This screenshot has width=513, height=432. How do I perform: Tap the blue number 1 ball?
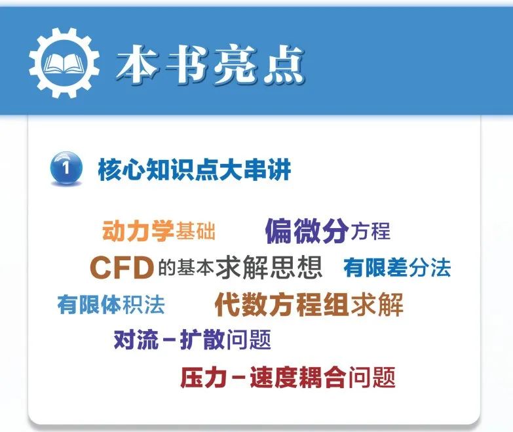[66, 168]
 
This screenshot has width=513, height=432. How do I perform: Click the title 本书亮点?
[211, 65]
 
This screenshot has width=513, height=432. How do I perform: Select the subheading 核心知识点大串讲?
[195, 169]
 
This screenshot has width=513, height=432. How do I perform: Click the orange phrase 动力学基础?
[159, 231]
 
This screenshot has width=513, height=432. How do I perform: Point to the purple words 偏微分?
[307, 231]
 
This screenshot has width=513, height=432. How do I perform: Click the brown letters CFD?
[122, 267]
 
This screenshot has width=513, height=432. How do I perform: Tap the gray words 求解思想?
[269, 267]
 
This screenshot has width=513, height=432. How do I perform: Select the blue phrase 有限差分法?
[397, 267]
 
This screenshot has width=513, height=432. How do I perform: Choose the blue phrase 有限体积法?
[111, 304]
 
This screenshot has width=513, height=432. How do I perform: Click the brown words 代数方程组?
[282, 304]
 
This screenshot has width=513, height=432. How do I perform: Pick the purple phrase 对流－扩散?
[169, 340]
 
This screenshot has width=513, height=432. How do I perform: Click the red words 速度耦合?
[297, 378]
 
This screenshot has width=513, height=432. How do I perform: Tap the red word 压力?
[203, 378]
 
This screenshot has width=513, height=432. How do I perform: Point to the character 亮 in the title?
[235, 65]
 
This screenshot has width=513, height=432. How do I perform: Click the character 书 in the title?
[187, 65]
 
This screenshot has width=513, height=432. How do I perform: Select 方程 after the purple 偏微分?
[370, 231]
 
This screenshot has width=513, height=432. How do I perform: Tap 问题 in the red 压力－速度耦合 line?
[372, 378]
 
